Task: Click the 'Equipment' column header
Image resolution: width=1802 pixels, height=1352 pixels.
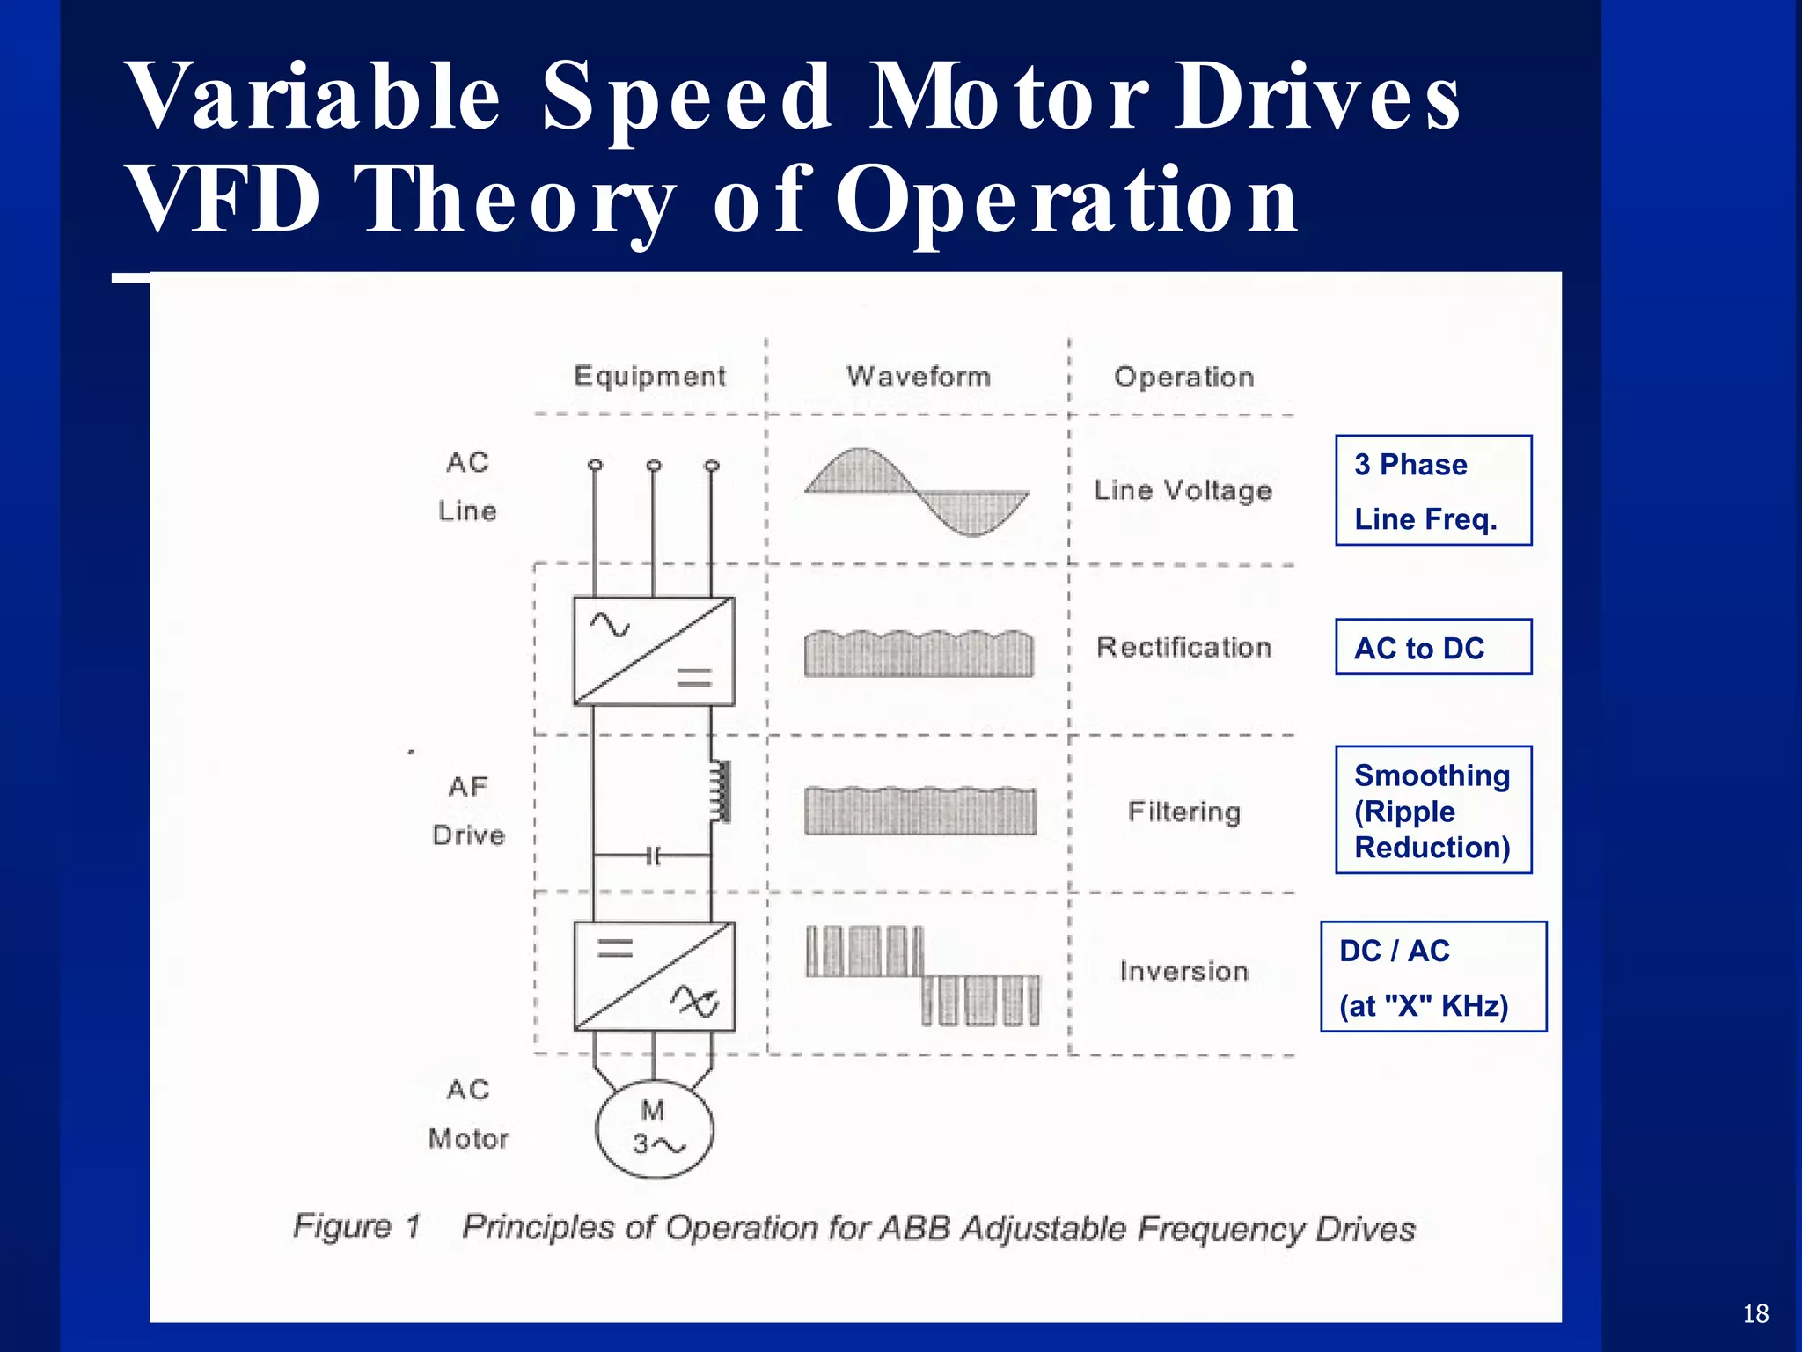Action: pyautogui.click(x=649, y=377)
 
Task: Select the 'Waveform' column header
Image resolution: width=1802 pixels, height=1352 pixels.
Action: pyautogui.click(x=918, y=377)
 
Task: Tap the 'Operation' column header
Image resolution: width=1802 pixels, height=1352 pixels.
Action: pyautogui.click(x=1183, y=378)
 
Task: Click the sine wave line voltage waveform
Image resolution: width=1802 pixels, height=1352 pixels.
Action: pyautogui.click(x=917, y=491)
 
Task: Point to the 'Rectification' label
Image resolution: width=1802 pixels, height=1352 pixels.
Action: pyautogui.click(x=1183, y=648)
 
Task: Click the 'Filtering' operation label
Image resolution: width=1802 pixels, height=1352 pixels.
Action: pyautogui.click(x=1183, y=812)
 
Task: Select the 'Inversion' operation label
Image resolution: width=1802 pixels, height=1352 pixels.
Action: pyautogui.click(x=1183, y=972)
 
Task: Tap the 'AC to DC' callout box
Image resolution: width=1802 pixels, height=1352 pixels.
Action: pyautogui.click(x=1432, y=648)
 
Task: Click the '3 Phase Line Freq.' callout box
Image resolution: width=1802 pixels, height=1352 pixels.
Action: pyautogui.click(x=1432, y=491)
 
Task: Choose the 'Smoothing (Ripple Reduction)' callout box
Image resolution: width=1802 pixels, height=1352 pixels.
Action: pyautogui.click(x=1432, y=811)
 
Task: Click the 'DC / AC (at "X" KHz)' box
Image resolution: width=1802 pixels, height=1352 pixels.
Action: pyautogui.click(x=1432, y=977)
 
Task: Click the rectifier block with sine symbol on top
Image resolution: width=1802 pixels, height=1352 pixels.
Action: pyautogui.click(x=654, y=651)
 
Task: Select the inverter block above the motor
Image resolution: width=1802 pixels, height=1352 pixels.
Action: pyautogui.click(x=654, y=976)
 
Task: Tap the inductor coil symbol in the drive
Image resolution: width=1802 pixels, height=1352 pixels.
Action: pyautogui.click(x=721, y=791)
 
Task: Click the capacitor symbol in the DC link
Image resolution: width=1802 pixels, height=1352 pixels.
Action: pyautogui.click(x=653, y=856)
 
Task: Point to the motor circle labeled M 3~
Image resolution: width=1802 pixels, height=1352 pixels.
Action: pyautogui.click(x=654, y=1128)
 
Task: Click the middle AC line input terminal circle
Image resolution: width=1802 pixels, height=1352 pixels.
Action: pyautogui.click(x=654, y=465)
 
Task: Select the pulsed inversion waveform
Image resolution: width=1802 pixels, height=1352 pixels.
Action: pyautogui.click(x=921, y=975)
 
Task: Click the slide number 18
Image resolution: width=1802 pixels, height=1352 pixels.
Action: pyautogui.click(x=1754, y=1314)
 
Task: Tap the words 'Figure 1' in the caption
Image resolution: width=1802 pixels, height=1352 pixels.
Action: pyautogui.click(x=357, y=1226)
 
